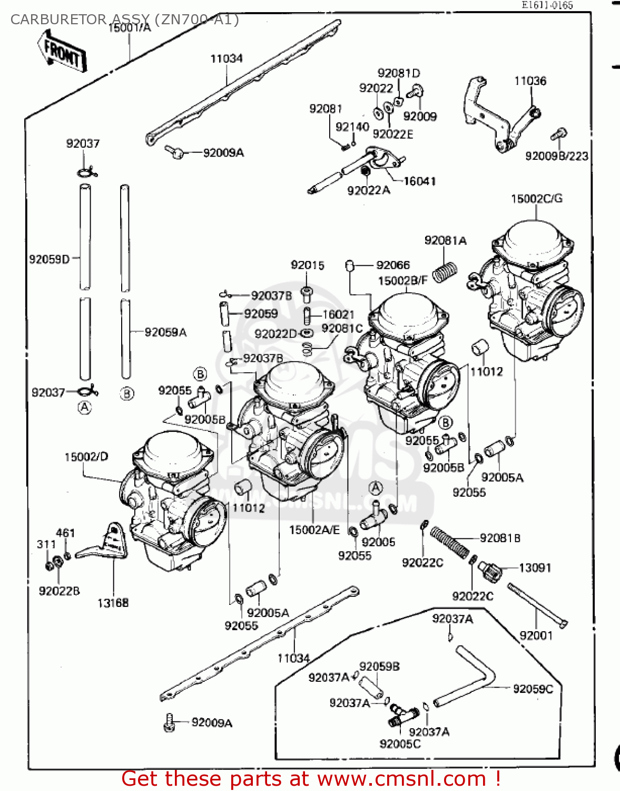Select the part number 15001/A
pyautogui.click(x=130, y=27)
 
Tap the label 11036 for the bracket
pyautogui.click(x=530, y=81)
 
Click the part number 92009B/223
pyautogui.click(x=557, y=156)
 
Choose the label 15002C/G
pyautogui.click(x=536, y=198)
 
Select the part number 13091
pyautogui.click(x=535, y=567)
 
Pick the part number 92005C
pyautogui.click(x=400, y=744)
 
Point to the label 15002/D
pyautogui.click(x=86, y=456)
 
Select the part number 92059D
pyautogui.click(x=49, y=259)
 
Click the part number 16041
pyautogui.click(x=419, y=181)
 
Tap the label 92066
pyautogui.click(x=393, y=265)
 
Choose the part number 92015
pyautogui.click(x=308, y=265)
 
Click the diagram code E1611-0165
pyautogui.click(x=547, y=5)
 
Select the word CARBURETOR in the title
pyautogui.click(x=58, y=20)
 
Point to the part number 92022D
pyautogui.click(x=275, y=333)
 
